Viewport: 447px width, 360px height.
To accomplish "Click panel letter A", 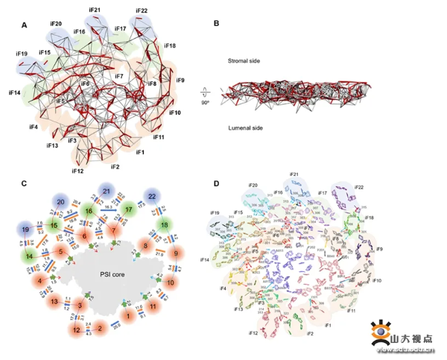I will point(25,25).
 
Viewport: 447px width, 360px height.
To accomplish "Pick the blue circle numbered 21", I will point(107,192).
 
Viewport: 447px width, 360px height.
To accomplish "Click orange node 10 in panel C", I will point(170,282).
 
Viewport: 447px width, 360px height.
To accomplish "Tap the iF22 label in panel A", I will point(142,11).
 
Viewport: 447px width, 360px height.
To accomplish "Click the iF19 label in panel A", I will point(22,54).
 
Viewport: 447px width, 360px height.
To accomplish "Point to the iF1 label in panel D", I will point(329,326).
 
